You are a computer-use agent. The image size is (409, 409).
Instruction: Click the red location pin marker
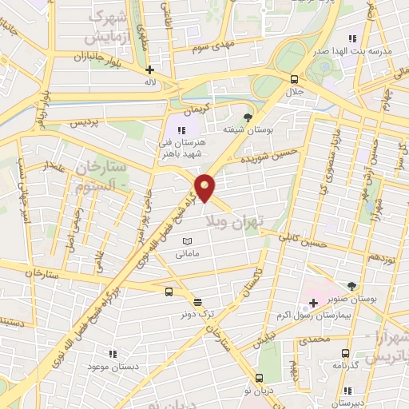coord(206,188)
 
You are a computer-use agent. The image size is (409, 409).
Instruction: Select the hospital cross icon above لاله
coord(149,69)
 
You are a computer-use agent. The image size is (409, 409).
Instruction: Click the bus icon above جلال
coord(295,78)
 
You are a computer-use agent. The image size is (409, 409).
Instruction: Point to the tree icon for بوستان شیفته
coord(247,117)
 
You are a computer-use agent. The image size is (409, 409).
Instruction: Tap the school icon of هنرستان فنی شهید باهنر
coord(181,129)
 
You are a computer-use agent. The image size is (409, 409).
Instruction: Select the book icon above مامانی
coord(188,240)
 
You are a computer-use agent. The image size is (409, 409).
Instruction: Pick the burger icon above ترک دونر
coord(197,301)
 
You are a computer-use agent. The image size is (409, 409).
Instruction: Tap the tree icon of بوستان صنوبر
coord(352,285)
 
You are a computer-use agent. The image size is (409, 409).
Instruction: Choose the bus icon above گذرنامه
coord(345,353)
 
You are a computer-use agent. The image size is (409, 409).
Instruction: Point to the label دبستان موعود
coord(112,364)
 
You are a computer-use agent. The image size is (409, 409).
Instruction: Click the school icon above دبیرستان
coord(347,391)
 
